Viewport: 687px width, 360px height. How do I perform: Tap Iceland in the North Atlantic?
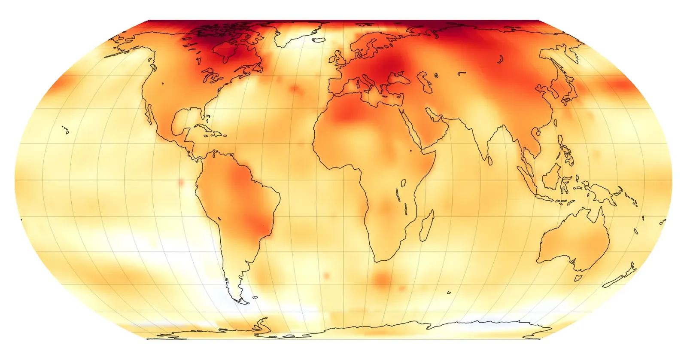tap(319, 40)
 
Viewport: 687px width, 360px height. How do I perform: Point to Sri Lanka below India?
tap(489, 160)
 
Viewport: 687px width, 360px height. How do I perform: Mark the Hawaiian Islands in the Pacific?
tap(65, 129)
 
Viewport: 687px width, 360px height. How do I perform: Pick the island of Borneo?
tap(552, 176)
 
